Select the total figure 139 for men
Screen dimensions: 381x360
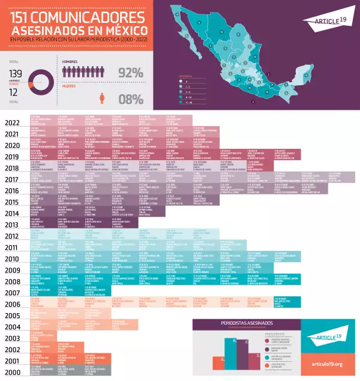point(16,72)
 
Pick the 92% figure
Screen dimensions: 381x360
point(131,73)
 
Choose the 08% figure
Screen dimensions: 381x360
point(131,99)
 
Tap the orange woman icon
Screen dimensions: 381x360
point(103,99)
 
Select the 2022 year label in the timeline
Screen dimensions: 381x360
point(13,122)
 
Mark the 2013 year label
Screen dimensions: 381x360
point(13,224)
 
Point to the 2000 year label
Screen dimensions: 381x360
point(13,372)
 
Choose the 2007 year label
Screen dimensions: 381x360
point(13,292)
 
